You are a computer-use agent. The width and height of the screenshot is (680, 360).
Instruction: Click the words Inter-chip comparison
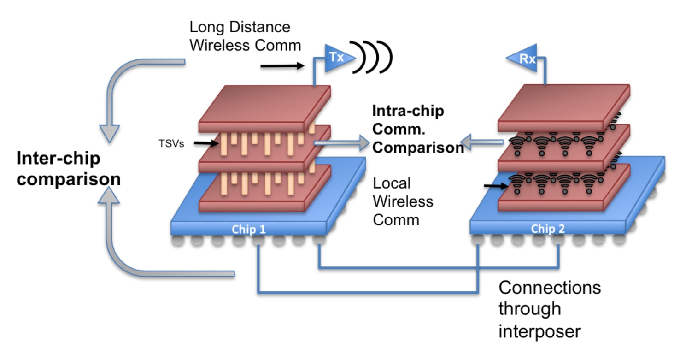click(68, 168)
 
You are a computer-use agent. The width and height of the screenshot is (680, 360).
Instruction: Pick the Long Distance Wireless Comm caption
click(245, 36)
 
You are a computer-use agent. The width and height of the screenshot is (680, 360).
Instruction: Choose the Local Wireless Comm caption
click(403, 201)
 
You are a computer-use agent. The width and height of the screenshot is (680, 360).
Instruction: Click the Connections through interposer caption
click(550, 309)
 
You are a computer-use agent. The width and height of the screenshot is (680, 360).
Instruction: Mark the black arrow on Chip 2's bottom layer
click(496, 187)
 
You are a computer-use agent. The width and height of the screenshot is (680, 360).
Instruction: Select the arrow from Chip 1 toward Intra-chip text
click(341, 144)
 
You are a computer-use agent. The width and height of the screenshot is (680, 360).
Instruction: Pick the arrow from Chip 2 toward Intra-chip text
click(481, 144)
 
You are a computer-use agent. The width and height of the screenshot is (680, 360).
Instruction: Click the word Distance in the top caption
click(260, 27)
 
